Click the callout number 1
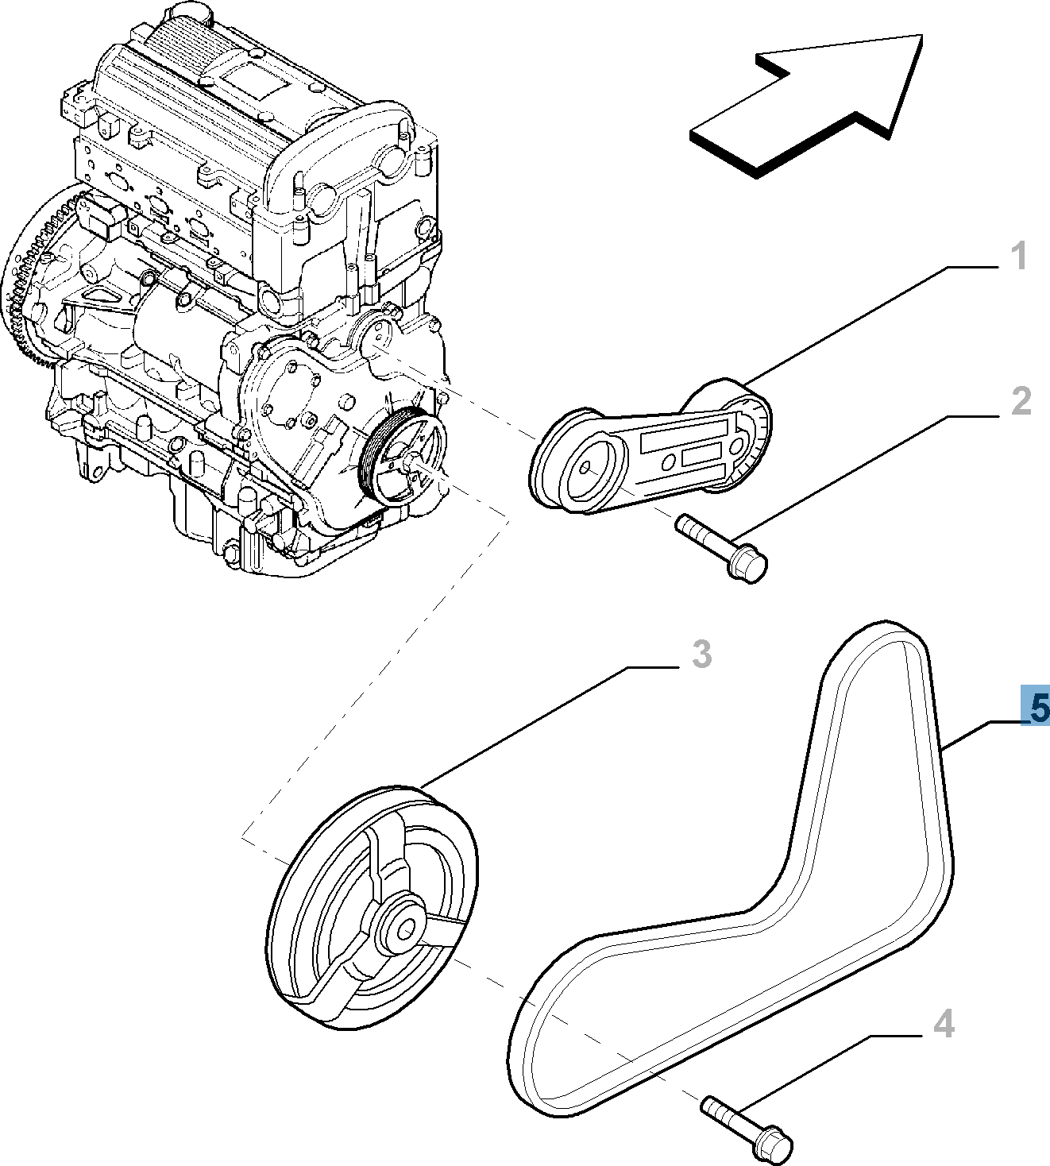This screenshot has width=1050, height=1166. coord(1019,257)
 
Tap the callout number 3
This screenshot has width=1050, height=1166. coord(701,654)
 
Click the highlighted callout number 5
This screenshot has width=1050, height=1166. coord(1037,706)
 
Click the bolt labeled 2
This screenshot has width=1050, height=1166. coord(719,547)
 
